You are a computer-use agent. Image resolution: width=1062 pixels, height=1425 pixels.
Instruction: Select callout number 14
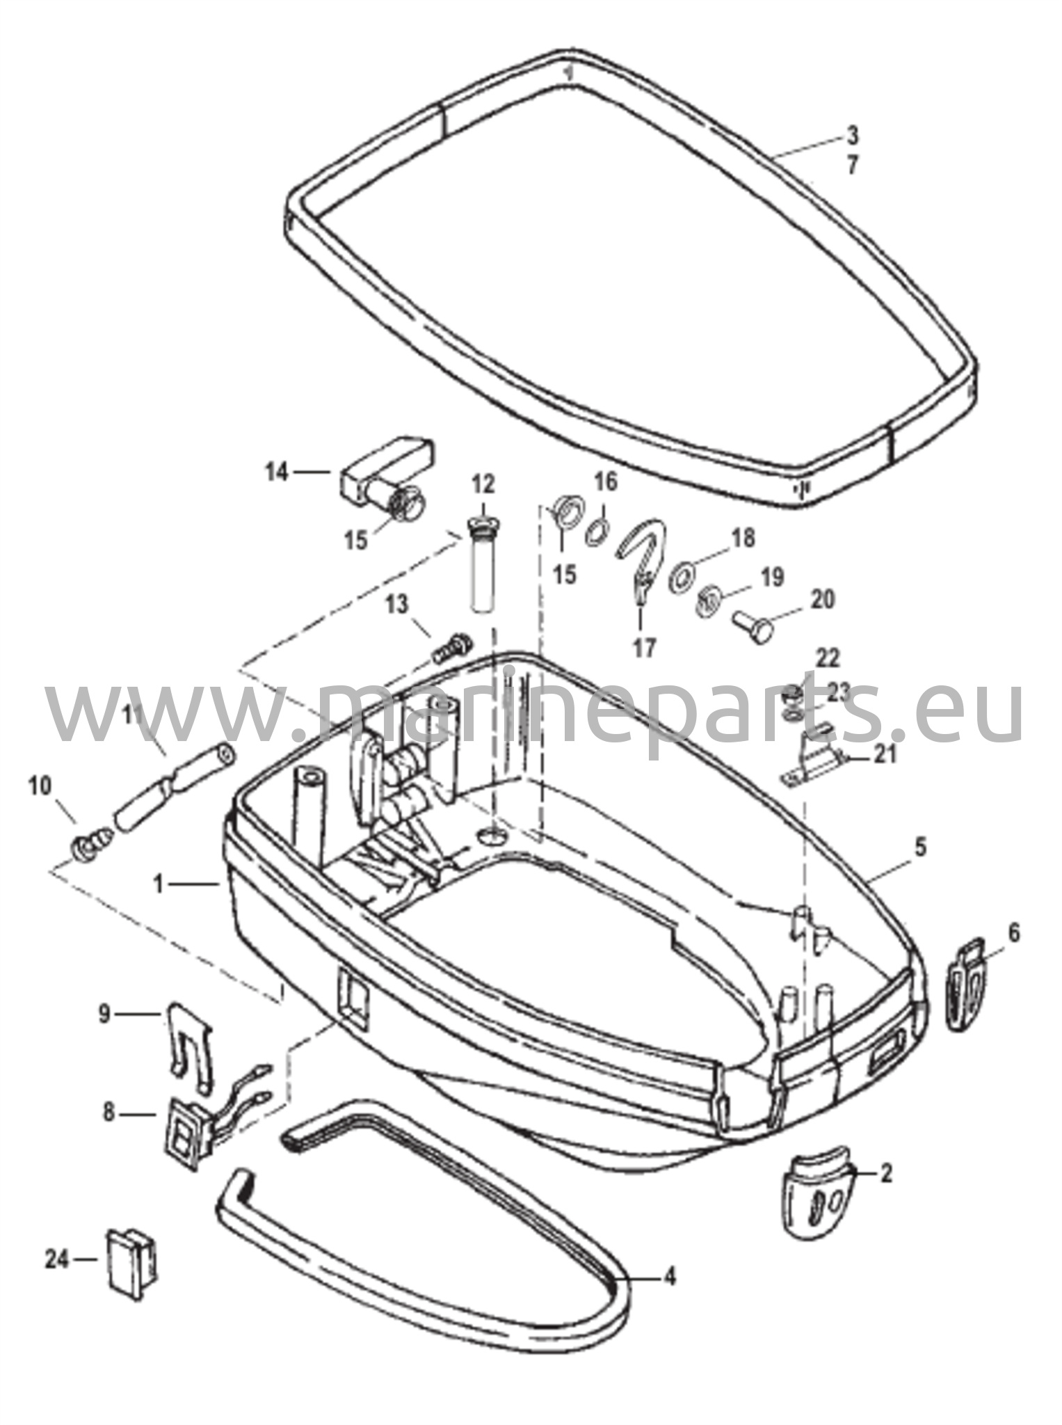point(276,472)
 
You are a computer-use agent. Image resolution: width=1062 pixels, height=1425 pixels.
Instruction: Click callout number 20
point(823,599)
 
